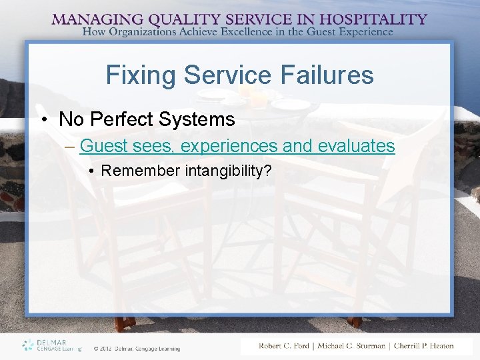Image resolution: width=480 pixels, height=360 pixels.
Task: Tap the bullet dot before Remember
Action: (91, 171)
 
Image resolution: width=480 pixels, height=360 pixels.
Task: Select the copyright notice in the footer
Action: (137, 348)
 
